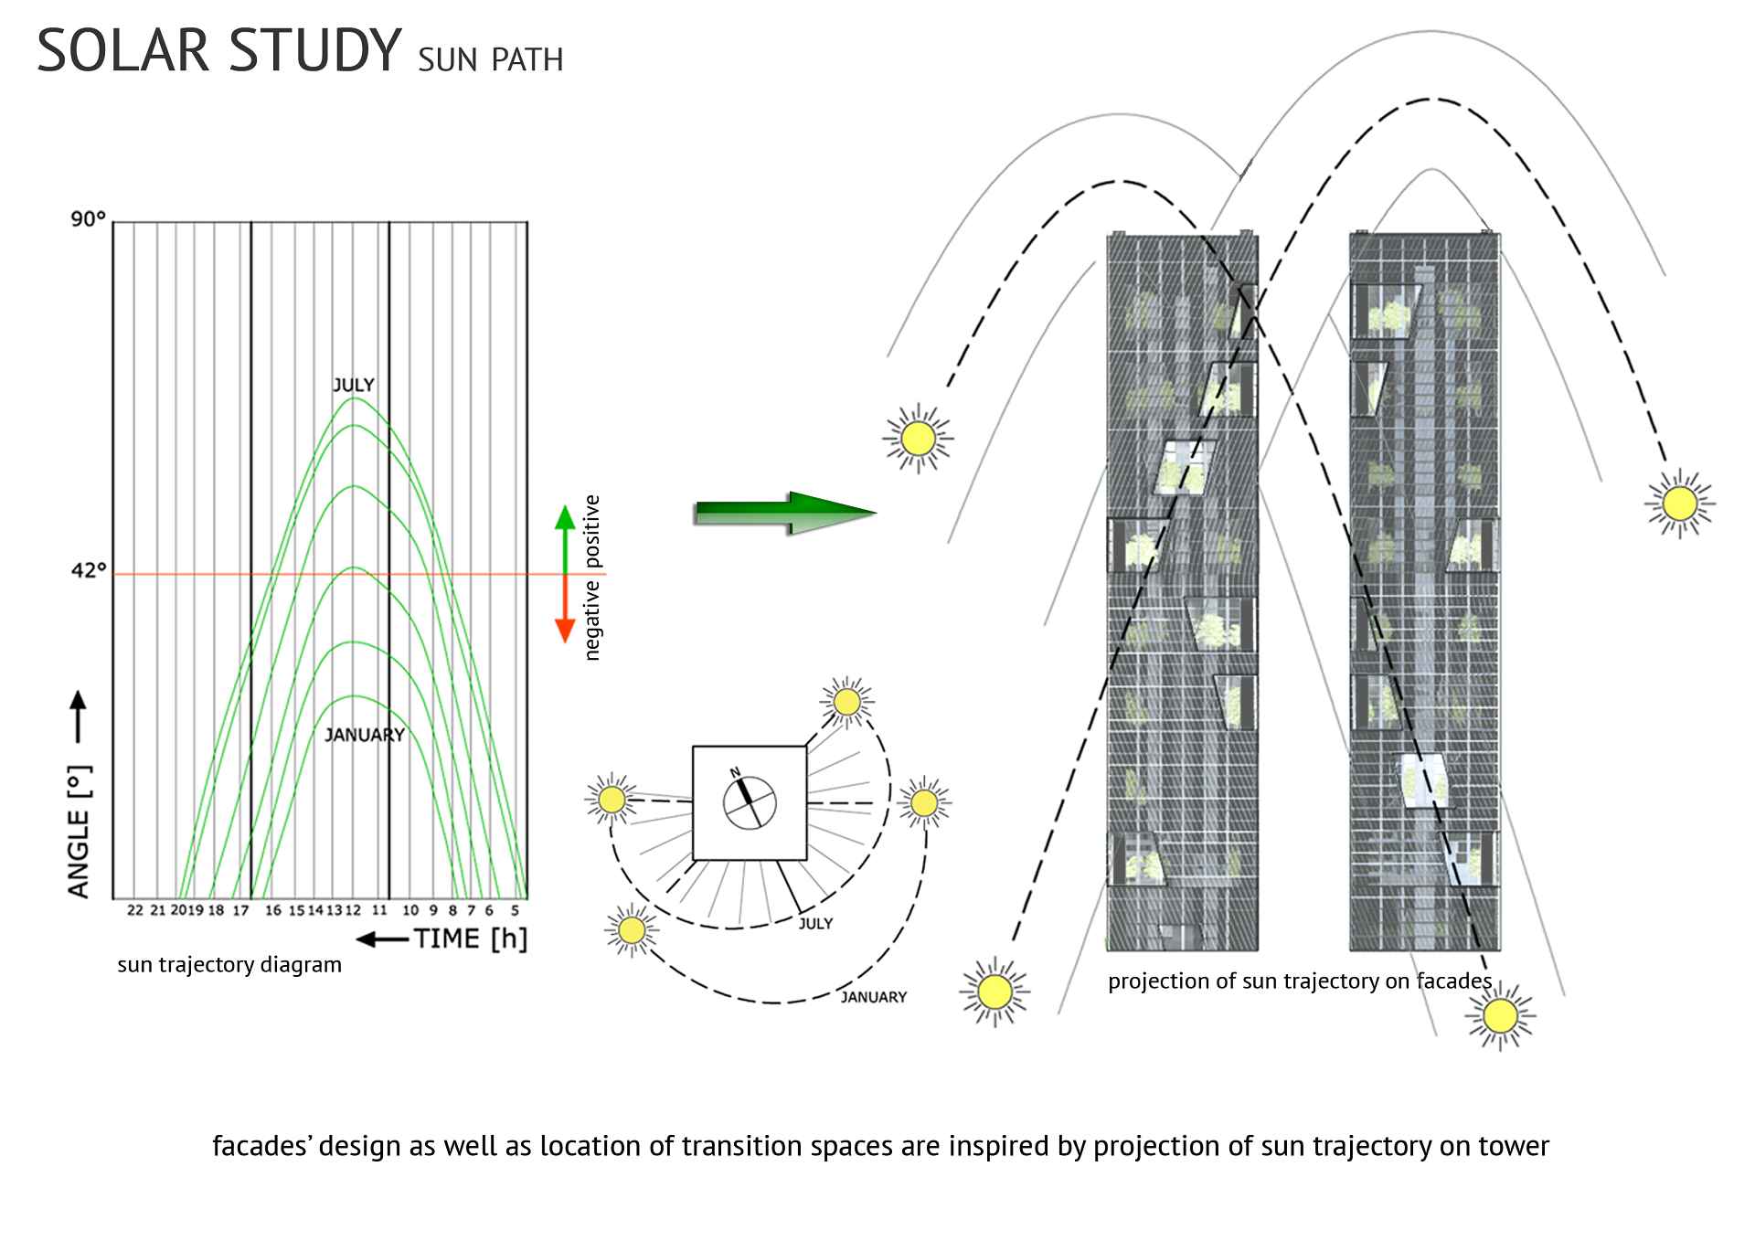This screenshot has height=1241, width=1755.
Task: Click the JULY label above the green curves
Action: click(x=353, y=385)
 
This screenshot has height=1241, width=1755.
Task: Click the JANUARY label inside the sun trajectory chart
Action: click(x=365, y=735)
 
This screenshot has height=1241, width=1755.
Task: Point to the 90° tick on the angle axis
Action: click(x=89, y=219)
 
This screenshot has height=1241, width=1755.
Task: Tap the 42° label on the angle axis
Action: click(x=89, y=571)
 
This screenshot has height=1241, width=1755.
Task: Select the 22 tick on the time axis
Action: click(x=135, y=910)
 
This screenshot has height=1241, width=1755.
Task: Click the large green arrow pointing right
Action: click(x=785, y=513)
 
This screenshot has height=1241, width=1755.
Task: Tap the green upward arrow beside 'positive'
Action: click(x=565, y=535)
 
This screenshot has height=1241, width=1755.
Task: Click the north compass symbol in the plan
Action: click(x=750, y=802)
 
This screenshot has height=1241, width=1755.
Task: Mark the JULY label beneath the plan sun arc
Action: click(x=815, y=924)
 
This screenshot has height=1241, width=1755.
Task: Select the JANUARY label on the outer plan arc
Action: click(x=873, y=997)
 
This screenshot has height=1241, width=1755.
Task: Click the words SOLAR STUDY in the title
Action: click(x=219, y=51)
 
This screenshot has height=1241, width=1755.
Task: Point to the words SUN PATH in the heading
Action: click(x=491, y=60)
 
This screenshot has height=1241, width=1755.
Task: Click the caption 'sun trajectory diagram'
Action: click(x=229, y=965)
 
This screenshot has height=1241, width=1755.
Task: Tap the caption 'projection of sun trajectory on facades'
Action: click(x=1300, y=981)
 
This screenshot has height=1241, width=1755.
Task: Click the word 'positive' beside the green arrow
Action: click(x=592, y=531)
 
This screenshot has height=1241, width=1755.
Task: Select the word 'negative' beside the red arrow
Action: click(x=592, y=620)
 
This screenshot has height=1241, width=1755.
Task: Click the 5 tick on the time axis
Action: click(x=515, y=910)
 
